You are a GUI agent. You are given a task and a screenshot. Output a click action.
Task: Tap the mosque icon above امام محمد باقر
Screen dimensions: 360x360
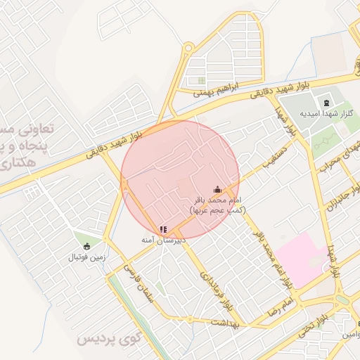click(217, 188)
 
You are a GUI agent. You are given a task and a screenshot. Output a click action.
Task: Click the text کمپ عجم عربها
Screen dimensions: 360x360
click(217, 210)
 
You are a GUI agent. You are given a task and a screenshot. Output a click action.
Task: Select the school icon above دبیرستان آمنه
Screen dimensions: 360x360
click(163, 229)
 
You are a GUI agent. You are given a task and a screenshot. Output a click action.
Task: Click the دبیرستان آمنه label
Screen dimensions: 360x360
click(163, 240)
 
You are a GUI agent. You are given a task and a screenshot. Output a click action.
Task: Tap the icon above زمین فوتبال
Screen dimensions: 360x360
click(86, 246)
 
